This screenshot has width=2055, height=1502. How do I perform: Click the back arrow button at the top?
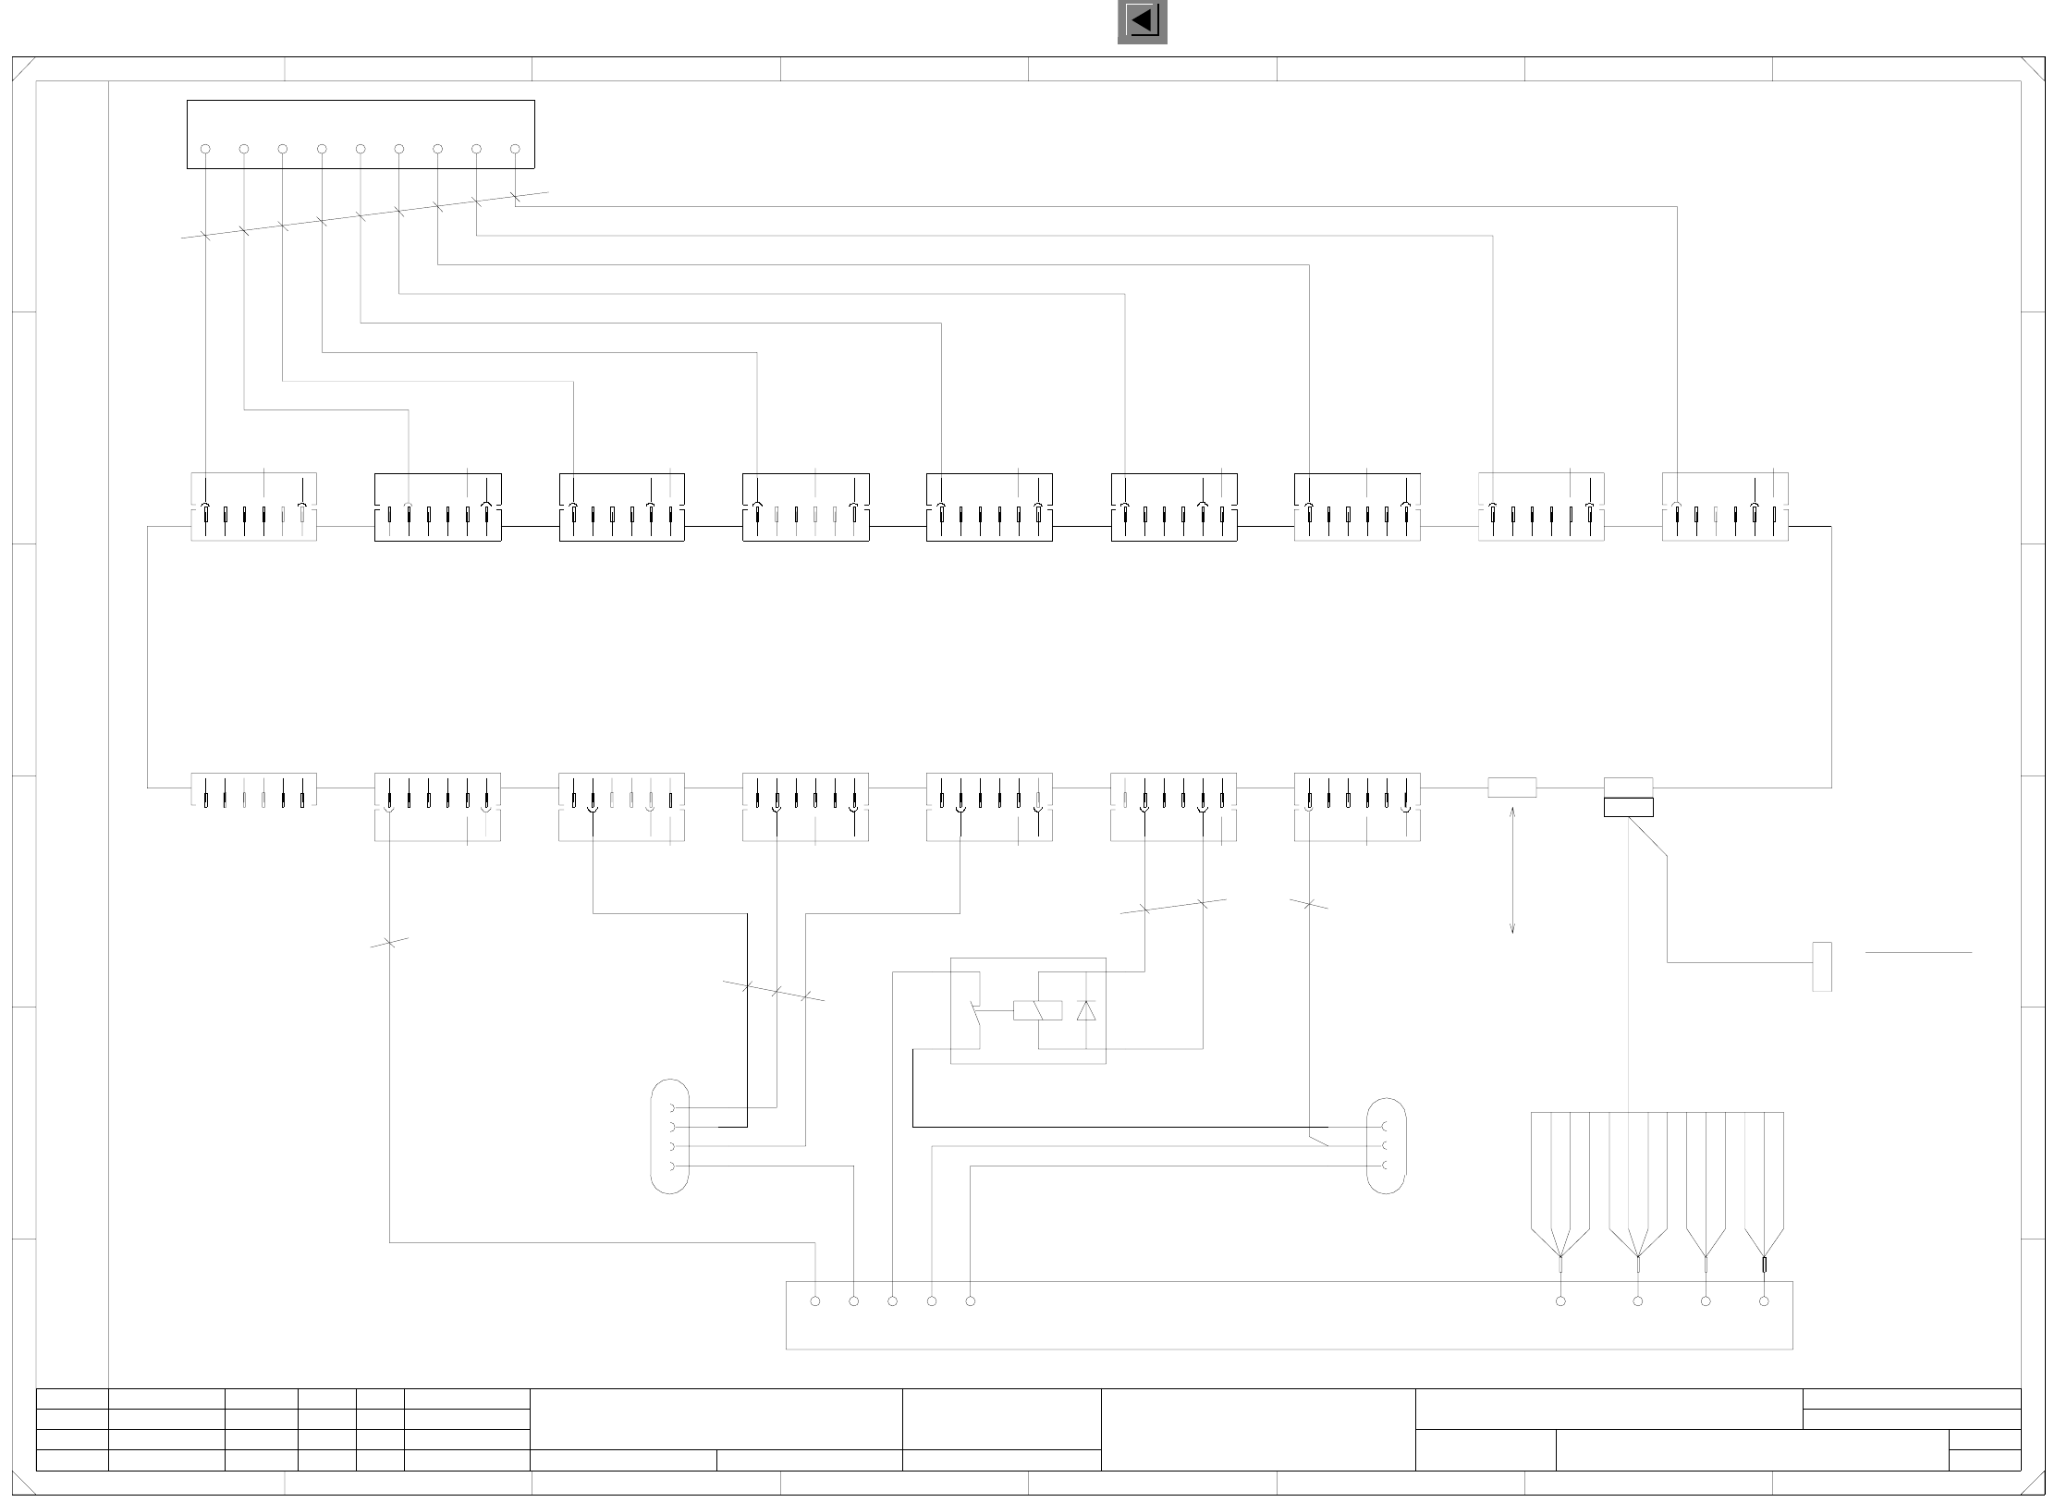(x=1142, y=20)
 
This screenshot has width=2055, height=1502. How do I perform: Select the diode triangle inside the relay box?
(x=1086, y=1010)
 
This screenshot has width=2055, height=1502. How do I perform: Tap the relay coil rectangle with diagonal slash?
(x=1037, y=1010)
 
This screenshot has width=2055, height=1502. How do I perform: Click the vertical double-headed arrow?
(x=1512, y=870)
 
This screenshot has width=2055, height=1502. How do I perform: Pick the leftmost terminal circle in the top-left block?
(x=205, y=149)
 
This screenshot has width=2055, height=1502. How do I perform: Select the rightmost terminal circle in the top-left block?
(x=515, y=149)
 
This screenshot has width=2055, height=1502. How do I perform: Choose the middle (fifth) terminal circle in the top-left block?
(x=361, y=149)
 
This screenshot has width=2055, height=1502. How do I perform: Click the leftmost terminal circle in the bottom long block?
(x=815, y=1301)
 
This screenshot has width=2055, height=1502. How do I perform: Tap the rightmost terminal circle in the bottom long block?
(x=1764, y=1301)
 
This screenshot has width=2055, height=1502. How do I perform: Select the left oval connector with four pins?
(x=669, y=1137)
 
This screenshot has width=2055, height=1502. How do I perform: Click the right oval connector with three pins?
(x=1386, y=1146)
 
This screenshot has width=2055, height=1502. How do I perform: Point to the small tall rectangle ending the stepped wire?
(x=1822, y=967)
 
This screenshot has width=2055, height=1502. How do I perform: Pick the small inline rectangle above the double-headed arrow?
(x=1512, y=788)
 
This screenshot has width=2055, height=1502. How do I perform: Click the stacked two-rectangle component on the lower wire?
(x=1629, y=798)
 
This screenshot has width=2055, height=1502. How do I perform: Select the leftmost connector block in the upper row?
(x=254, y=507)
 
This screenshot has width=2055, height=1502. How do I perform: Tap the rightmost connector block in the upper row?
(x=1725, y=507)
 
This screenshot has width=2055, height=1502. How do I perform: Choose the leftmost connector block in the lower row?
(x=254, y=791)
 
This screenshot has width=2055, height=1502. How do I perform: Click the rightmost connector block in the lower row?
(x=1357, y=806)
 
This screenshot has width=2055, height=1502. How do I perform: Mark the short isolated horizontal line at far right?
(x=1918, y=952)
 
